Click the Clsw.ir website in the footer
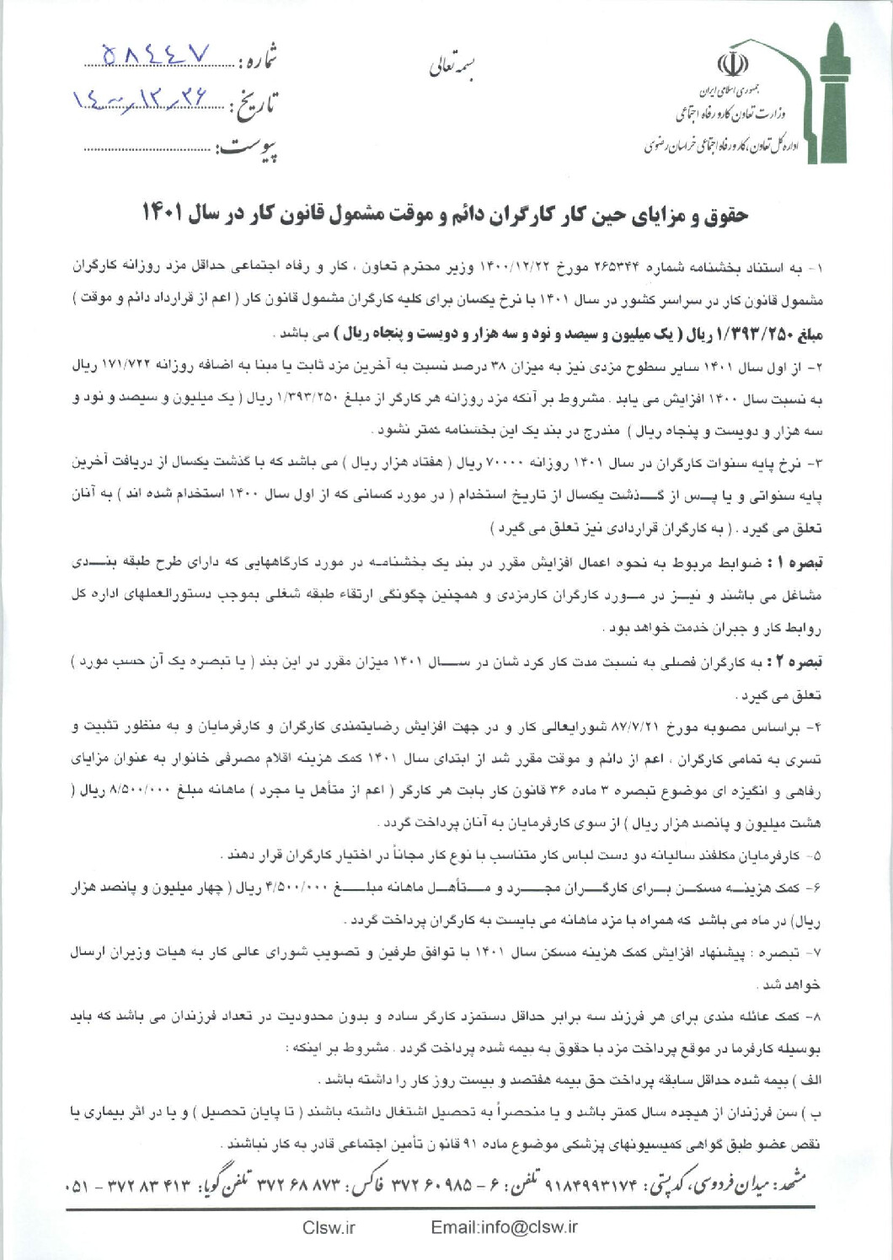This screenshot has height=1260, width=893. coord(329,1227)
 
